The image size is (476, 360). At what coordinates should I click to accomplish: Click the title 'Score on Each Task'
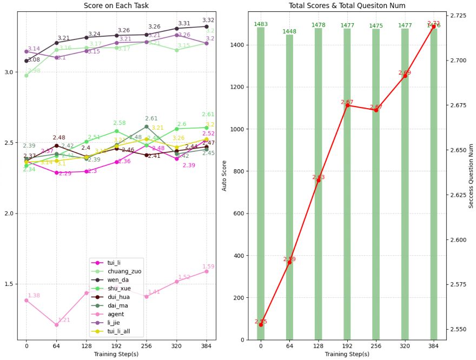click(x=116, y=5)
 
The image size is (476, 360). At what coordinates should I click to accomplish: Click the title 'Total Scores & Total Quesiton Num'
click(x=347, y=5)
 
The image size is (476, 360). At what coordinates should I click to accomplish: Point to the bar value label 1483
click(x=261, y=24)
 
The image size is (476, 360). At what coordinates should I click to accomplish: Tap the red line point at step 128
click(x=318, y=181)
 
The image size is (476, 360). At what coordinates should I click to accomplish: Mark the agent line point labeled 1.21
click(x=56, y=325)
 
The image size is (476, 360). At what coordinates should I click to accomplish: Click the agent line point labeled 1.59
click(x=206, y=271)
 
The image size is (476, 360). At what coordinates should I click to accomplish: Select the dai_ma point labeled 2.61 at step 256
click(x=146, y=126)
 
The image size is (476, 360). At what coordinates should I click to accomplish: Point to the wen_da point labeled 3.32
click(x=206, y=26)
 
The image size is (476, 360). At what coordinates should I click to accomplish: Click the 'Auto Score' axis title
click(x=224, y=176)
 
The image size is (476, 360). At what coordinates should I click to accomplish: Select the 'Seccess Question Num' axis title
click(x=471, y=176)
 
